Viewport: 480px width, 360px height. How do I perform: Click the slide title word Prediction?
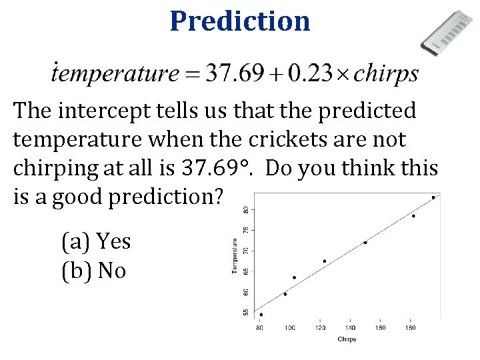pos(240,21)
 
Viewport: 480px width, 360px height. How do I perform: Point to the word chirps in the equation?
pos(386,74)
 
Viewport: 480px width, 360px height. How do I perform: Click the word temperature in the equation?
pos(115,73)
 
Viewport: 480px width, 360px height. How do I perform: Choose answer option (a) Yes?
pos(96,241)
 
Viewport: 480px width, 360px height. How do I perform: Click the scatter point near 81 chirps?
pos(261,315)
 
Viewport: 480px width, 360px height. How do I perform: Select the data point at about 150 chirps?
pos(365,243)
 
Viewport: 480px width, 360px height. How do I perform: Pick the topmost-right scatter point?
pos(433,197)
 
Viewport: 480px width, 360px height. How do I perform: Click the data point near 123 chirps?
pos(325,261)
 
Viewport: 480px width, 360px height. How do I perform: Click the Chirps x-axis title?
pos(347,339)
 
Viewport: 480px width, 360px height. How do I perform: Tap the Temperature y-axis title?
pos(235,257)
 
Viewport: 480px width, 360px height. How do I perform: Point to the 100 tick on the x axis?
pos(290,328)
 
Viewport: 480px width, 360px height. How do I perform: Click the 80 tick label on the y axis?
pos(245,209)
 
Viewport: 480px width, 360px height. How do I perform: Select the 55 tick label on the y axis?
pos(245,312)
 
